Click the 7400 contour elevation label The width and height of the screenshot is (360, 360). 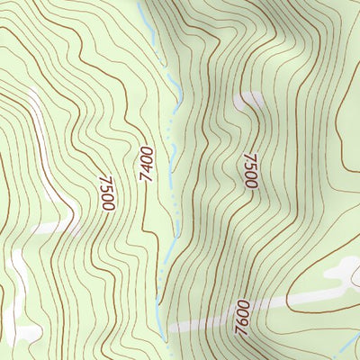click(x=148, y=166)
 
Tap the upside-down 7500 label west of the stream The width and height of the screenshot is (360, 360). click(x=106, y=192)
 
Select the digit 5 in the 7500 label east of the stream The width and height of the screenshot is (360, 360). click(x=249, y=166)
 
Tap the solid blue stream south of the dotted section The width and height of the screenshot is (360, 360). click(x=159, y=288)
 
